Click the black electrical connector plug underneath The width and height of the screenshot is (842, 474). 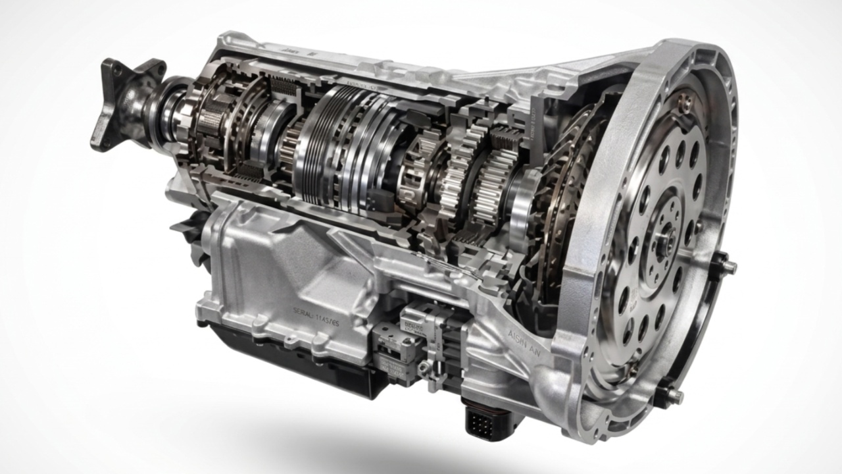click(x=483, y=417)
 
